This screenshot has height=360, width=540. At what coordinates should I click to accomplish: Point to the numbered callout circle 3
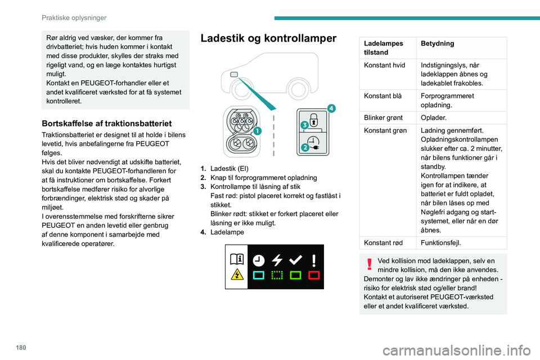[x=303, y=123]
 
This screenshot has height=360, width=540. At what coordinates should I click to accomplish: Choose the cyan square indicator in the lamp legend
[x=259, y=276]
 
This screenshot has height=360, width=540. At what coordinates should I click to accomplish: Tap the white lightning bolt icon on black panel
[x=277, y=259]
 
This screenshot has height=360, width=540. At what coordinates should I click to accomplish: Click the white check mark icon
[x=295, y=259]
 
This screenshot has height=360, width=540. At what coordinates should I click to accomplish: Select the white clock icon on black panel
[x=259, y=259]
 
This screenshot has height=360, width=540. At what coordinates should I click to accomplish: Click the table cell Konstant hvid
[x=385, y=65]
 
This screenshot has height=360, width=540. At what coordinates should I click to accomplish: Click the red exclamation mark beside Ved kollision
[x=370, y=264]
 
